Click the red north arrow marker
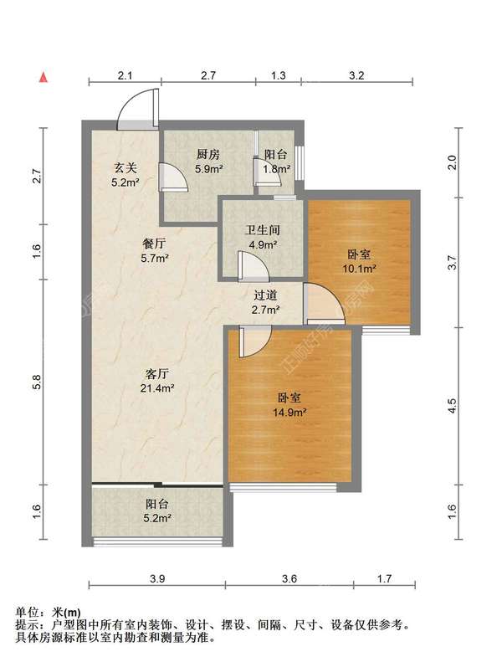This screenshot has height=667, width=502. coord(43,77)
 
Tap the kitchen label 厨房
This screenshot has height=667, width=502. coord(208,154)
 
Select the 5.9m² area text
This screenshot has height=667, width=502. coord(209,169)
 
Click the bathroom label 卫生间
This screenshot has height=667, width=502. coord(263,230)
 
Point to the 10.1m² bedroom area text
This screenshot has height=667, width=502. coord(360,269)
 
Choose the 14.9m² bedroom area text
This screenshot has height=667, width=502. coord(289,412)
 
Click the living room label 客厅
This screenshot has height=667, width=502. coord(157,374)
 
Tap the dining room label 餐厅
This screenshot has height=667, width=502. coord(154,244)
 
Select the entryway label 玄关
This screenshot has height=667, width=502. coord(125,168)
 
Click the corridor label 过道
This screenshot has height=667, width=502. coord(265,295)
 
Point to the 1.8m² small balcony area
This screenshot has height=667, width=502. coord(277,169)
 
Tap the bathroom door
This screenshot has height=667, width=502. coord(253,267)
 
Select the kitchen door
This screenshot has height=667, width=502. coord(173,177)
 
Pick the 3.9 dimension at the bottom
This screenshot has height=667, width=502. coord(157,578)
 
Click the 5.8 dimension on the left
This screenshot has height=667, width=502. coord(37,382)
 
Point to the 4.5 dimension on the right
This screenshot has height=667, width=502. coord(453,406)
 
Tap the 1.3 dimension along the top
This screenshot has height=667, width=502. coord(279,75)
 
